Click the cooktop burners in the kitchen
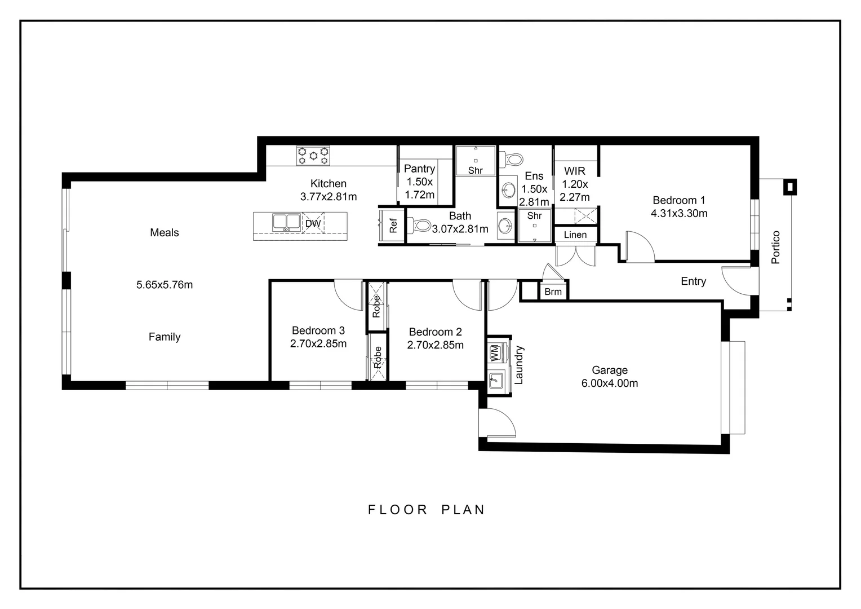[313, 156]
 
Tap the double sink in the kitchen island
[286, 222]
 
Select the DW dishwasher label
[313, 223]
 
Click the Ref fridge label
[393, 226]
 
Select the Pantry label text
[419, 169]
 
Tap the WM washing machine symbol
[495, 353]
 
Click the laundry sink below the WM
[496, 380]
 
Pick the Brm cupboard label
[553, 292]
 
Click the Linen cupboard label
[575, 235]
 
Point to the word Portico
[776, 247]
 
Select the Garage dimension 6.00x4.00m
[610, 383]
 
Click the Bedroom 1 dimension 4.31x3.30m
[679, 213]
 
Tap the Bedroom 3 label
[318, 330]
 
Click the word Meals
[164, 232]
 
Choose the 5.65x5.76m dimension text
[165, 285]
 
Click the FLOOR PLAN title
[426, 510]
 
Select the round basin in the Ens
[509, 190]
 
